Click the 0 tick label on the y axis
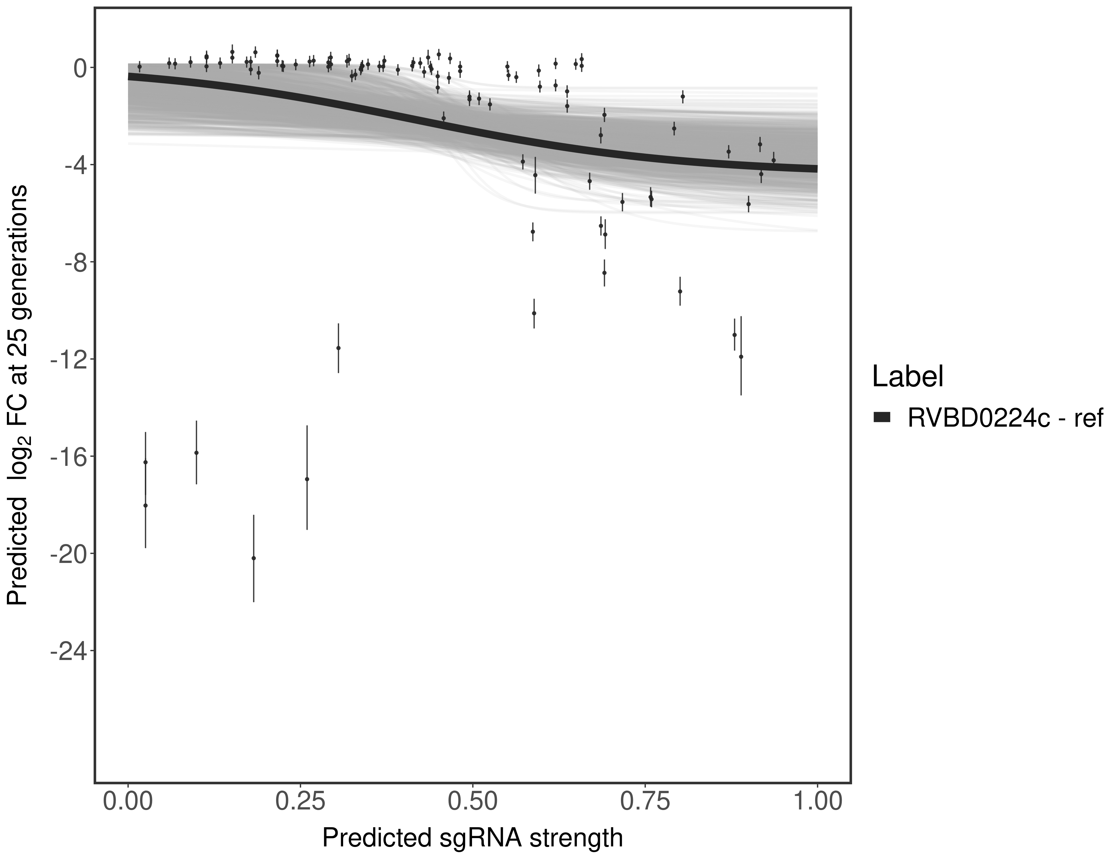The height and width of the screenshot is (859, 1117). pyautogui.click(x=80, y=68)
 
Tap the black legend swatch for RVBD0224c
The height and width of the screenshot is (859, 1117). pyautogui.click(x=882, y=418)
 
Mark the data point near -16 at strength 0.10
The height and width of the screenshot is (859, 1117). pyautogui.click(x=196, y=452)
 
